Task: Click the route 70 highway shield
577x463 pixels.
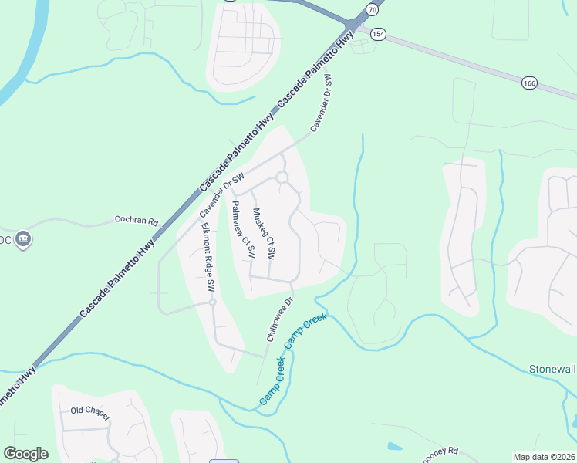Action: coord(373,10)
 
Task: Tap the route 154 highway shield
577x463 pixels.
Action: coord(378,34)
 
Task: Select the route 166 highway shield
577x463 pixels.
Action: coord(528,83)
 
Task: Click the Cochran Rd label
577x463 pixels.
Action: coord(136,220)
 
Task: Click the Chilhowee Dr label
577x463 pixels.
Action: coord(280,319)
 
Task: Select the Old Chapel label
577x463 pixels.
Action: coord(90,411)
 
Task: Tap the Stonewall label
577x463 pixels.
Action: coord(552,368)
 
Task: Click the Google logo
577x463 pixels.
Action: coord(25,454)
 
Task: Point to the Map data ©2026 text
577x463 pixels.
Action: coord(543,457)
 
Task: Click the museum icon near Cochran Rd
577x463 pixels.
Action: coord(23,238)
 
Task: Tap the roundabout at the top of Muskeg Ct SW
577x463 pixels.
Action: coord(282,177)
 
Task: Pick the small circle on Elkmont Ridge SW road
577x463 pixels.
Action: coord(211,302)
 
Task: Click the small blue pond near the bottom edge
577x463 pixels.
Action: coord(394,447)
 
